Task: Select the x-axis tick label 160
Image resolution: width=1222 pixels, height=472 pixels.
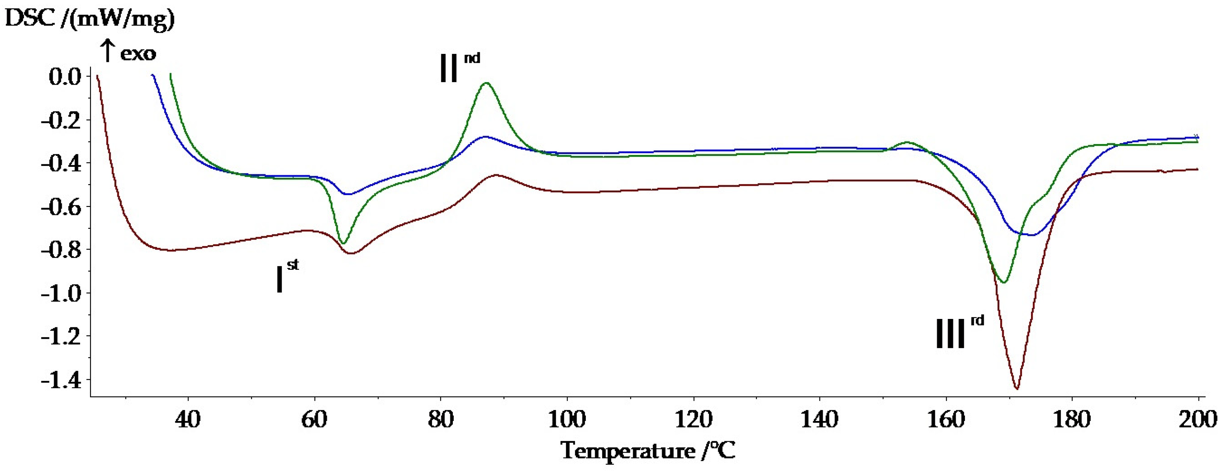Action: tap(946, 420)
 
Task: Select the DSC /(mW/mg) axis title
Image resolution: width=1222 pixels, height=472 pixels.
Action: tap(89, 19)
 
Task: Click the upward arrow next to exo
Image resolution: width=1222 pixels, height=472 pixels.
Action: tap(108, 51)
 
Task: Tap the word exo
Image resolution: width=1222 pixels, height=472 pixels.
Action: tap(138, 54)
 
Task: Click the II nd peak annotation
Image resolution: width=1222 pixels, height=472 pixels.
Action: tap(458, 67)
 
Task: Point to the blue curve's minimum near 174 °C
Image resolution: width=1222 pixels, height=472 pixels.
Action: tap(1032, 235)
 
